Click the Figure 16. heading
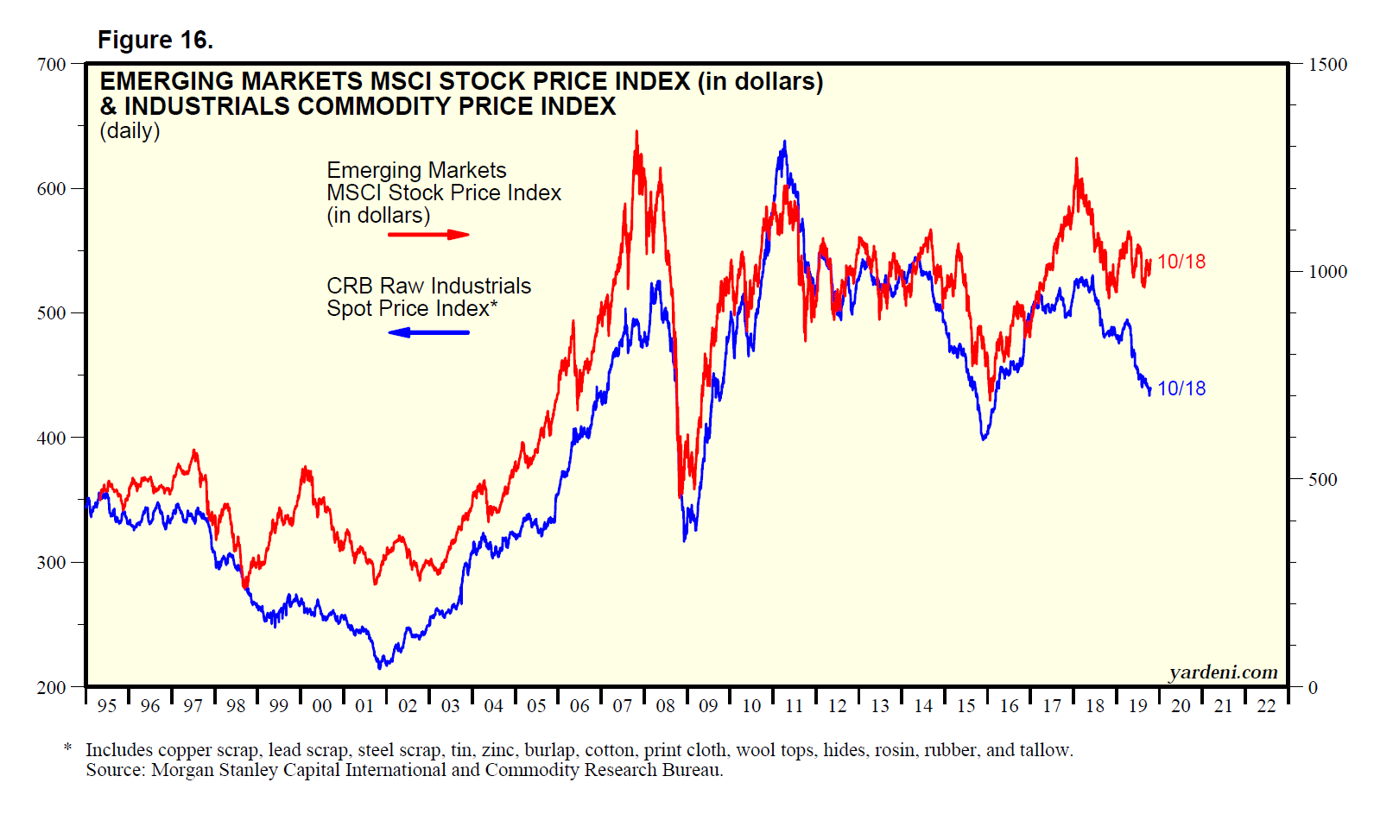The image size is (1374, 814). pyautogui.click(x=155, y=41)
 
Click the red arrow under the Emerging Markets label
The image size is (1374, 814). pyautogui.click(x=428, y=234)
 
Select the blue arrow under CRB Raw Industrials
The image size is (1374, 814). pyautogui.click(x=428, y=332)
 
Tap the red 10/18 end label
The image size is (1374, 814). pyautogui.click(x=1181, y=262)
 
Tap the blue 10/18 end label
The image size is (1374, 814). pyautogui.click(x=1181, y=388)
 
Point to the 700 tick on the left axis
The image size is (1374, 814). pyautogui.click(x=51, y=65)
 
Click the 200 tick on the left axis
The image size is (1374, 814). pyautogui.click(x=51, y=687)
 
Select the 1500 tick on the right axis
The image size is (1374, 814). pyautogui.click(x=1327, y=65)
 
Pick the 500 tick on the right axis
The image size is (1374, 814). pyautogui.click(x=1322, y=480)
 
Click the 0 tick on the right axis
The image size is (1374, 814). pyautogui.click(x=1313, y=688)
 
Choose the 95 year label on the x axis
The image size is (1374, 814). pyautogui.click(x=106, y=706)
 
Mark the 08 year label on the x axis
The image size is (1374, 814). pyautogui.click(x=665, y=706)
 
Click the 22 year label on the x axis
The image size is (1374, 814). pyautogui.click(x=1266, y=706)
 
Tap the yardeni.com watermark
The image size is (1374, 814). pyautogui.click(x=1223, y=672)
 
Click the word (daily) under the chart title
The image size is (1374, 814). pyautogui.click(x=130, y=131)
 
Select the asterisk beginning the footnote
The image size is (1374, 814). pyautogui.click(x=67, y=748)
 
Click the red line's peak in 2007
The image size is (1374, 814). pyautogui.click(x=636, y=132)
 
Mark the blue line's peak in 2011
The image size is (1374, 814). pyautogui.click(x=784, y=142)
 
